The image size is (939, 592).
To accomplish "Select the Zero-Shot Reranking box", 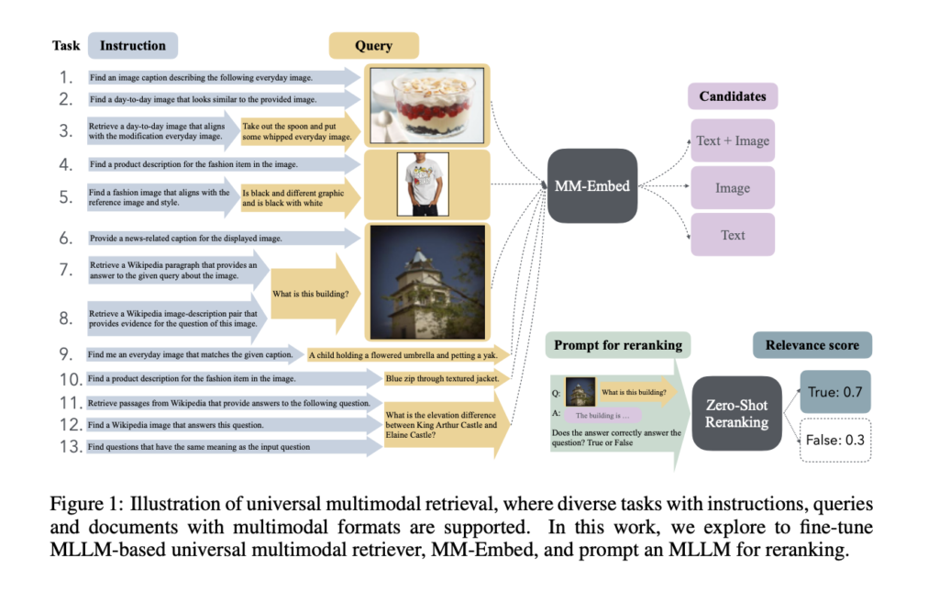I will click(735, 412).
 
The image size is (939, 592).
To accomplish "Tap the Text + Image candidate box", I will click(732, 140).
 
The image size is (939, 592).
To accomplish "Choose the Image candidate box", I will click(732, 187).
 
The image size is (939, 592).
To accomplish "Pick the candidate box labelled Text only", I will click(732, 235).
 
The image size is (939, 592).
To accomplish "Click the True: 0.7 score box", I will click(834, 392).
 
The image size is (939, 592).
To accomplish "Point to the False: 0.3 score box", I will click(834, 439).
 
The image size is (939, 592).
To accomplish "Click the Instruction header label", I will click(133, 46).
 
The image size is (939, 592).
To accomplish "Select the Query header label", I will click(373, 46).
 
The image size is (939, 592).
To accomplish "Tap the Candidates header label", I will click(732, 95).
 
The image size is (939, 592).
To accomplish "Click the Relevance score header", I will click(812, 345).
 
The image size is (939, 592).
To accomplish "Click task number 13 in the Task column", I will click(66, 447).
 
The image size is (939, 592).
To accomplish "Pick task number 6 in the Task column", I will click(66, 238).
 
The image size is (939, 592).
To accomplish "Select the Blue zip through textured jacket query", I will click(443, 378).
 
